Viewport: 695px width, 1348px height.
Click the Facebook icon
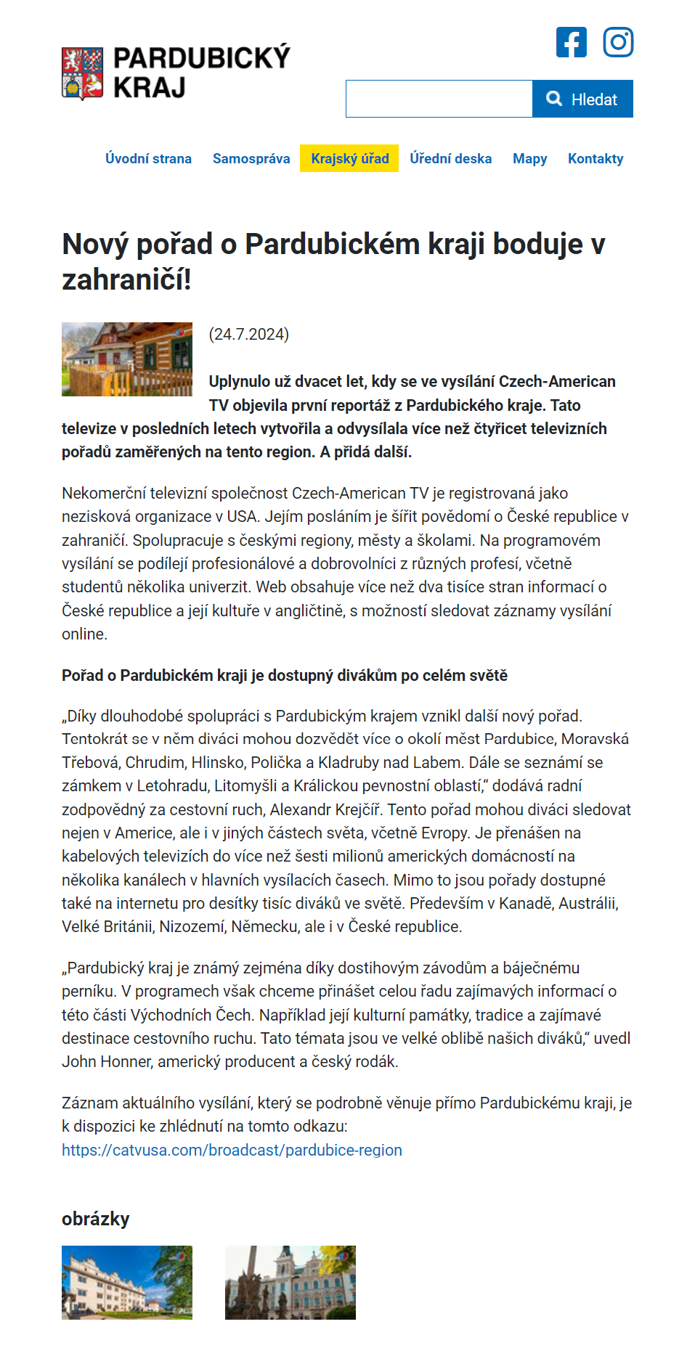click(x=572, y=42)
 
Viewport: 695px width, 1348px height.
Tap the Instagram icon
click(x=618, y=42)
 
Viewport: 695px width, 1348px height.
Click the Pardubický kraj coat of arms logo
click(x=82, y=73)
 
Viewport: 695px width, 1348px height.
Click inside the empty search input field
click(x=439, y=99)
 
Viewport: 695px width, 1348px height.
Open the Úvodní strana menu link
click(x=148, y=158)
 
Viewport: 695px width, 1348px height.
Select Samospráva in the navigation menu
click(x=251, y=158)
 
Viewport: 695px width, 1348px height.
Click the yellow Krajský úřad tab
click(x=349, y=158)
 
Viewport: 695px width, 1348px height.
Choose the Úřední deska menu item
click(x=450, y=158)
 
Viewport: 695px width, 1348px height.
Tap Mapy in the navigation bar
click(x=529, y=158)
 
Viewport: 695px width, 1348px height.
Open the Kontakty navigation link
click(x=596, y=158)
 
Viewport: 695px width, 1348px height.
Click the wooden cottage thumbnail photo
click(x=127, y=359)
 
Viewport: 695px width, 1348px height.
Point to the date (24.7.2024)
click(x=249, y=334)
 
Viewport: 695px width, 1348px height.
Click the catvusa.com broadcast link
click(x=232, y=1150)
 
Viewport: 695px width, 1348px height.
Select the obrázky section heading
click(x=95, y=1219)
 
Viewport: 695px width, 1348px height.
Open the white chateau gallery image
click(x=127, y=1283)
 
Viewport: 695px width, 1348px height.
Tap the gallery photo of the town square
click(x=290, y=1283)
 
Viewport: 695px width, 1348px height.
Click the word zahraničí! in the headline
click(x=126, y=279)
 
